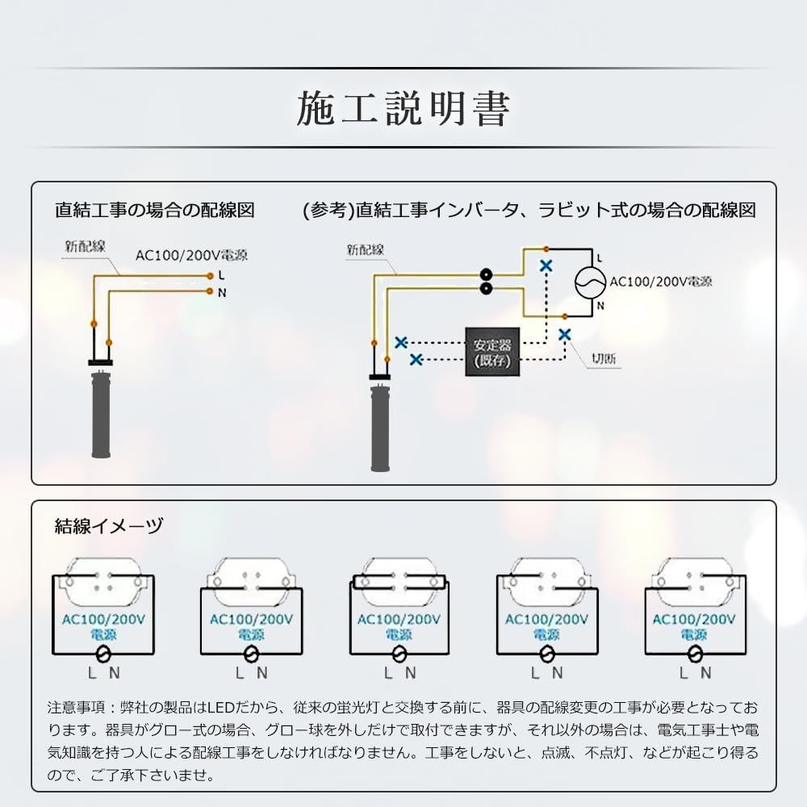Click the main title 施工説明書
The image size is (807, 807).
pos(403,109)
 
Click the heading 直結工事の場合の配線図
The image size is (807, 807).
pos(155,211)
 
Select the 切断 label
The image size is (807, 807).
pos(605,360)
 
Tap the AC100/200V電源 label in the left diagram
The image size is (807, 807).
pos(191,256)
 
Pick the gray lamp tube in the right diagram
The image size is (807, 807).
pos(380,428)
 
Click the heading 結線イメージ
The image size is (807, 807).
pos(109,527)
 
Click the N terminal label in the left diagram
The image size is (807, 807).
pos(222,293)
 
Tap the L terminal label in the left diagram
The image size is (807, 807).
pos(221,275)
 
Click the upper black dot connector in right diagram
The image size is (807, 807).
pos(486,274)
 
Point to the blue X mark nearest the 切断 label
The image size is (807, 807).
pos(565,333)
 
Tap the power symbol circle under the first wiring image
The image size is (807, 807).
pos(104,654)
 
